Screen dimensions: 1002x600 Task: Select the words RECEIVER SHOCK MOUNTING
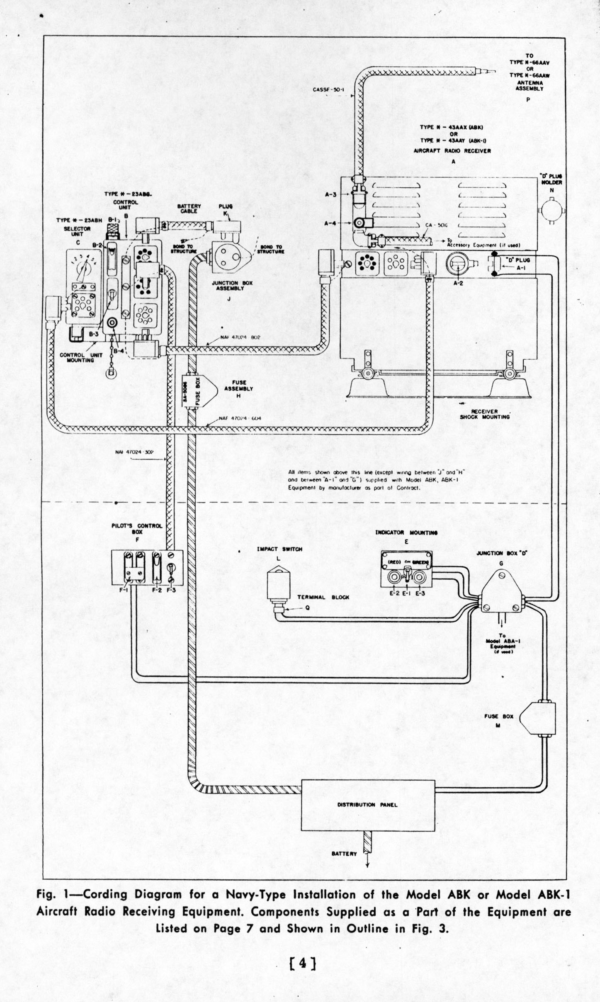pyautogui.click(x=484, y=414)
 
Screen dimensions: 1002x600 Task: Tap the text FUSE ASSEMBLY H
pyautogui.click(x=238, y=389)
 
